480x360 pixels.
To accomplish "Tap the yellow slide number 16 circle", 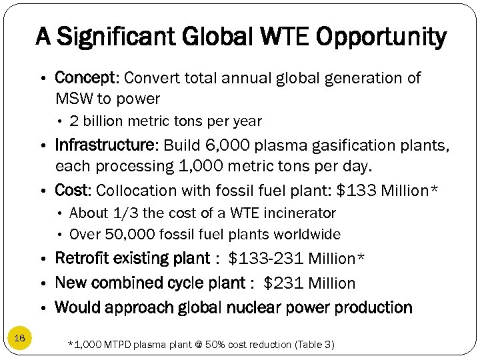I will point(19,339).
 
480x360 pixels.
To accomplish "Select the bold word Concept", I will point(85,78).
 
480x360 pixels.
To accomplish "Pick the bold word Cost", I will point(71,190).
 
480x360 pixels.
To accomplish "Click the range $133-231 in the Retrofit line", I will point(266,259).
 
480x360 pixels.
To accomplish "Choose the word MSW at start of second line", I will point(70,99).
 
